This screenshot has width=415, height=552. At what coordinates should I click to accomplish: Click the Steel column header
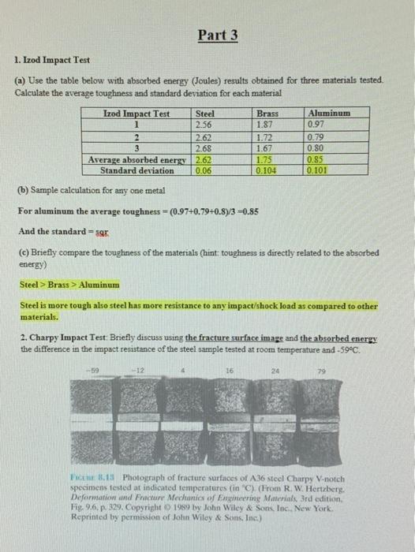pos(204,114)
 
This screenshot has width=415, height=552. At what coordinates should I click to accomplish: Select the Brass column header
pos(268,114)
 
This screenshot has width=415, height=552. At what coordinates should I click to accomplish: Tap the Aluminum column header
pos(328,114)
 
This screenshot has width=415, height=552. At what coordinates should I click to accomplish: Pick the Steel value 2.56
pos(204,124)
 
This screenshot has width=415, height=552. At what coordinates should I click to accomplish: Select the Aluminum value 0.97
pos(317,124)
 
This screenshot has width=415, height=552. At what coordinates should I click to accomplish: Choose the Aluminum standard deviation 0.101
pos(318,170)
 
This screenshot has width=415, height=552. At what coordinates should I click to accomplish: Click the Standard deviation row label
pos(137,170)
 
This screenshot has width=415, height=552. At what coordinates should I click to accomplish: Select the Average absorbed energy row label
pos(137,159)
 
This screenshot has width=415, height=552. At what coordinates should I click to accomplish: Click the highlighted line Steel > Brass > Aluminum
pos(69,284)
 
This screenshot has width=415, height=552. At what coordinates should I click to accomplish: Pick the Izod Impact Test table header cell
pos(137,114)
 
